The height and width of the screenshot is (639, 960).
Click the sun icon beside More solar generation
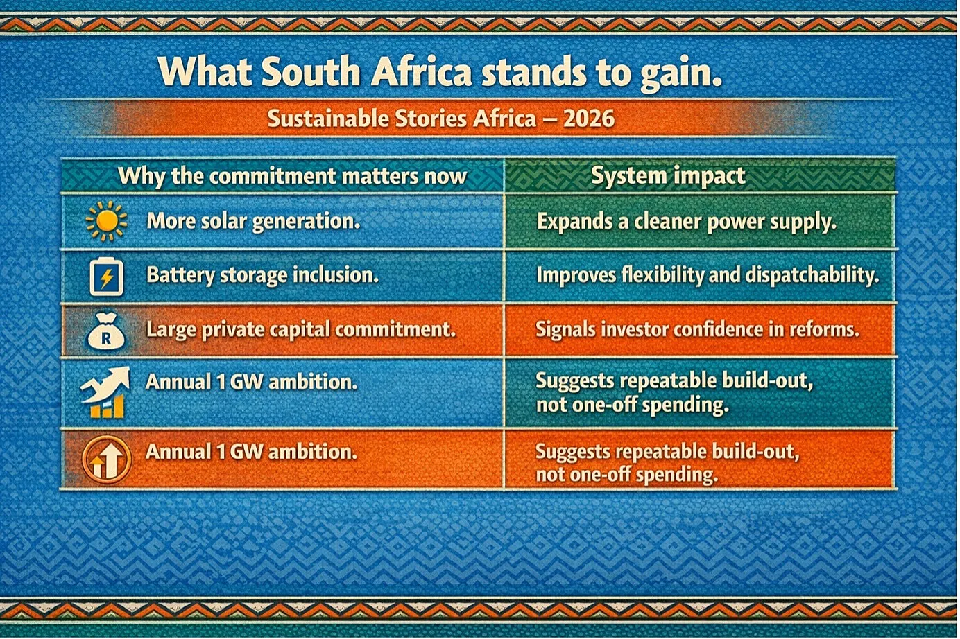pyautogui.click(x=106, y=221)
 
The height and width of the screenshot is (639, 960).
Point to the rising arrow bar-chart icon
pyautogui.click(x=105, y=392)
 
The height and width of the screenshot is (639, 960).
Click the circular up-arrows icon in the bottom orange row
pyautogui.click(x=106, y=459)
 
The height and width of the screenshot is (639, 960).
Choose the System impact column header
pyautogui.click(x=668, y=175)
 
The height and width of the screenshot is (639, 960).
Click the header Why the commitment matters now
pyautogui.click(x=292, y=176)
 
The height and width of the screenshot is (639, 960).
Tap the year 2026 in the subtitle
pyautogui.click(x=589, y=119)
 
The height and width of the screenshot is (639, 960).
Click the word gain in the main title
pyautogui.click(x=680, y=73)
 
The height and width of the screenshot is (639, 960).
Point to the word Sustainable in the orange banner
pyautogui.click(x=328, y=119)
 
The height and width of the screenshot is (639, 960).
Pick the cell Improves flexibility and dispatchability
pyautogui.click(x=708, y=275)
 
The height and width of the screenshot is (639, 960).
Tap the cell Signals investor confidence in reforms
pyautogui.click(x=698, y=329)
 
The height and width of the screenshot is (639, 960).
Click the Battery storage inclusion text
pyautogui.click(x=263, y=275)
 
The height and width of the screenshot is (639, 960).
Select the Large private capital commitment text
pyautogui.click(x=301, y=330)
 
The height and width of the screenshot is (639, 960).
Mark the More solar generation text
pyautogui.click(x=253, y=221)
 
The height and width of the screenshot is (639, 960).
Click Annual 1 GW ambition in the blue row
pyautogui.click(x=251, y=382)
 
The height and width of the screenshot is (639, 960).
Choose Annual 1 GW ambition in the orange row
pyautogui.click(x=251, y=452)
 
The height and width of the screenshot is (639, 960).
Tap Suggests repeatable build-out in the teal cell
pyautogui.click(x=674, y=381)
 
